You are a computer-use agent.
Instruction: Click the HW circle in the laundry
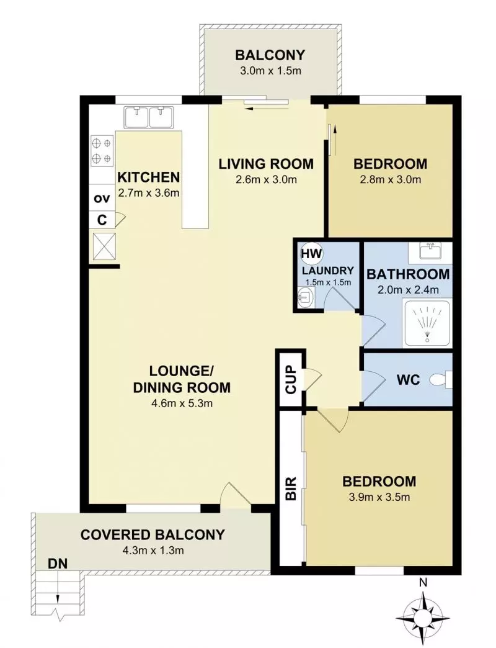coord(308,253)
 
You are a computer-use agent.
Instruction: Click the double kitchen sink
coord(148,117)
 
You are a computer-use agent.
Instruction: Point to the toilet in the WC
coord(443,379)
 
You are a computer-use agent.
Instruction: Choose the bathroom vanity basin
coord(429,251)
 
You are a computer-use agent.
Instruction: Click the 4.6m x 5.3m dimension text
coord(181,404)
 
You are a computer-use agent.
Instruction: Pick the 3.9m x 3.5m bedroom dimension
coord(379,497)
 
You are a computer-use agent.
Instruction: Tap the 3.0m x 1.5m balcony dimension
coord(270,70)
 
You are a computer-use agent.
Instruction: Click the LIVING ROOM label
coord(266,164)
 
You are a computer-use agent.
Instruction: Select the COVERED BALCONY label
coord(153,534)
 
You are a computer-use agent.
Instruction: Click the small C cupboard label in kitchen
coord(101,218)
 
